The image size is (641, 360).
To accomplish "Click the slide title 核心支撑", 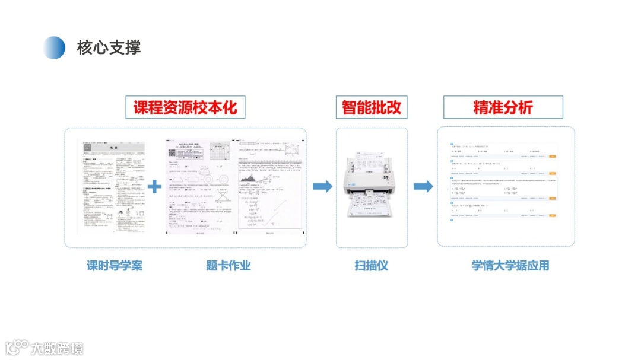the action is [x=109, y=47].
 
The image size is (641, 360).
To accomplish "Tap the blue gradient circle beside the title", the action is [x=54, y=47].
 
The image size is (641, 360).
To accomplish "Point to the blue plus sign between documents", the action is [x=154, y=186].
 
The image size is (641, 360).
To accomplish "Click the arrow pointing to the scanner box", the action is [x=322, y=186].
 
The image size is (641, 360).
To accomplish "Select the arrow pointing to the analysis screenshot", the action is [x=423, y=186].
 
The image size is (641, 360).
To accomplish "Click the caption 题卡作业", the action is [x=229, y=265].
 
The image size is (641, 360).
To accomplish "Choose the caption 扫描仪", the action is [x=372, y=265].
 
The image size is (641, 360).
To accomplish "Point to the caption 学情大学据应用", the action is [x=510, y=265].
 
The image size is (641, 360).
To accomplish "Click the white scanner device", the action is [x=371, y=178].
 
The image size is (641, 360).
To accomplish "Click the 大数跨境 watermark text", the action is [x=58, y=348].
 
